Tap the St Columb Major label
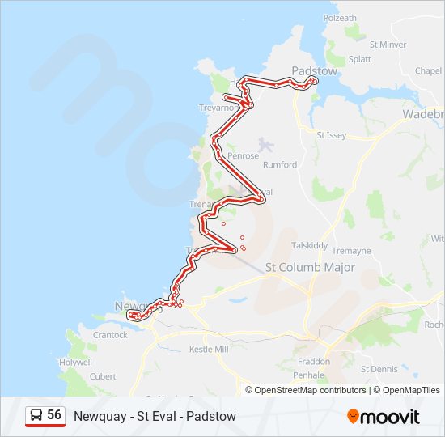310,267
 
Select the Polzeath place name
340,18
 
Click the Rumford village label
280,165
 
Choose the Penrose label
243,155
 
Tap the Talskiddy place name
309,245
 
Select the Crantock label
110,335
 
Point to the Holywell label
75,363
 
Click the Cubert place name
103,376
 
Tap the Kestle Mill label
210,350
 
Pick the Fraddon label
313,362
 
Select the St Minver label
388,45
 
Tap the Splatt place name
360,59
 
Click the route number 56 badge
45,416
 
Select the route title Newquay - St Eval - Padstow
155,416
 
